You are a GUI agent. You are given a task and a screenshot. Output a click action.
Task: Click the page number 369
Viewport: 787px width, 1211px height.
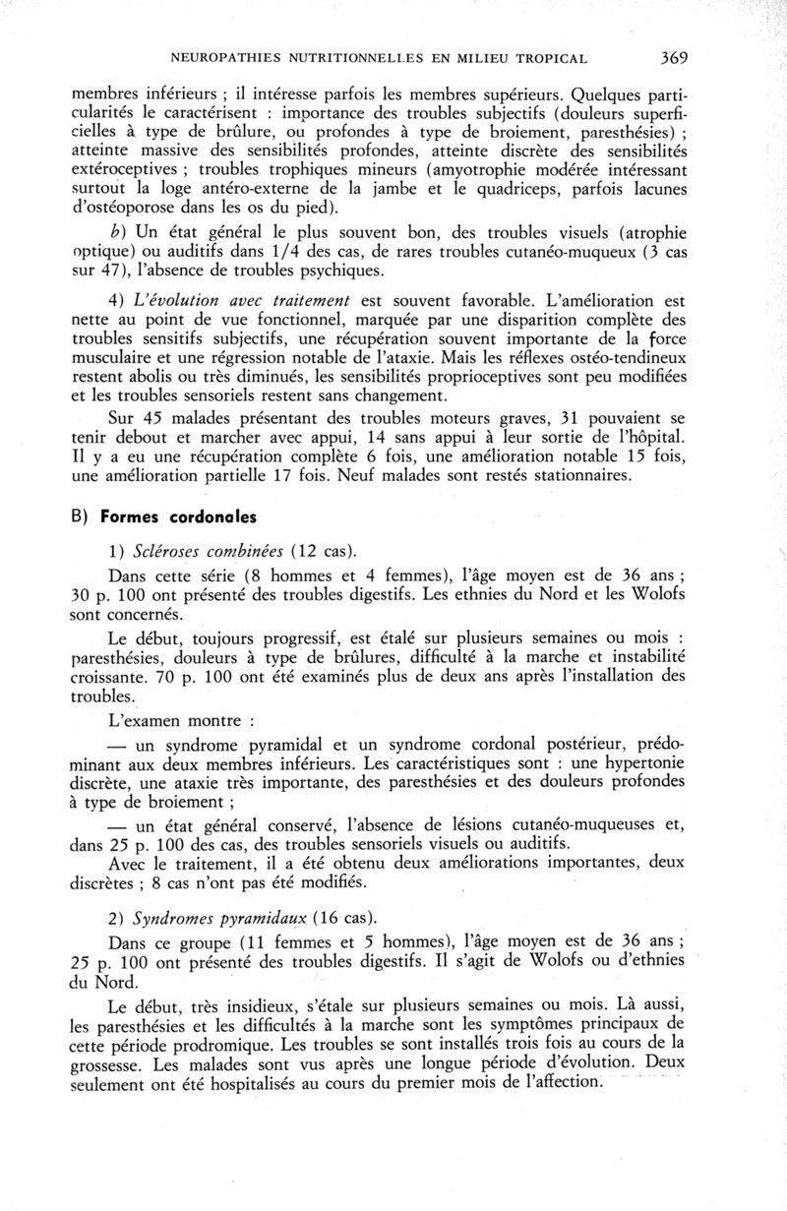(x=674, y=58)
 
